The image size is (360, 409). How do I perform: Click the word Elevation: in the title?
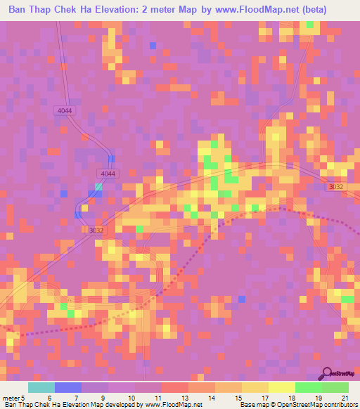136,9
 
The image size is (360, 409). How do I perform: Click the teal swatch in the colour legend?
41,388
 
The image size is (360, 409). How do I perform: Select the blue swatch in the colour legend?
68,388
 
